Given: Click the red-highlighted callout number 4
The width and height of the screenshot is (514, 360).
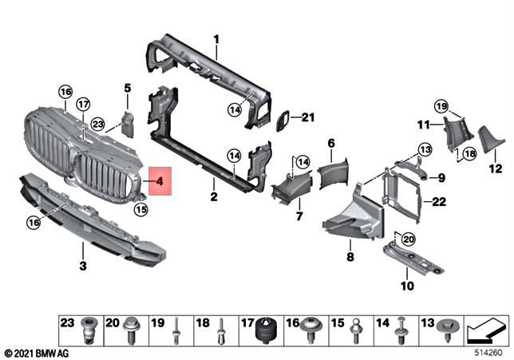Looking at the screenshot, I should [160, 181].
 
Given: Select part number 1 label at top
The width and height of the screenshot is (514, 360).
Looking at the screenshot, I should [215, 38].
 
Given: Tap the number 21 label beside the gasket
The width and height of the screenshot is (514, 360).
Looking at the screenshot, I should [309, 118].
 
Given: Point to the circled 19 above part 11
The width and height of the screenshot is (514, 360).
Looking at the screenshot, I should [442, 105].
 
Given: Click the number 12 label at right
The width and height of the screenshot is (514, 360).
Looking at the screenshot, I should [494, 168].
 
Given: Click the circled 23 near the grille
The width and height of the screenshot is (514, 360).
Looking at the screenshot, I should [97, 124].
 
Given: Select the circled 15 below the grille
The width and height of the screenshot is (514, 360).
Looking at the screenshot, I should [140, 210].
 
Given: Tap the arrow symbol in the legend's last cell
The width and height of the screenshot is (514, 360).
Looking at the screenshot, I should [484, 328].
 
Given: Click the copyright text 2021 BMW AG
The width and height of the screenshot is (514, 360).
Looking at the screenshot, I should [37, 352].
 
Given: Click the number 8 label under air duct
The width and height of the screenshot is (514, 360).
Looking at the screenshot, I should [349, 257].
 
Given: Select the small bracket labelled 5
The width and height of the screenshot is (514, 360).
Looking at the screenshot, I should [128, 121].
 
